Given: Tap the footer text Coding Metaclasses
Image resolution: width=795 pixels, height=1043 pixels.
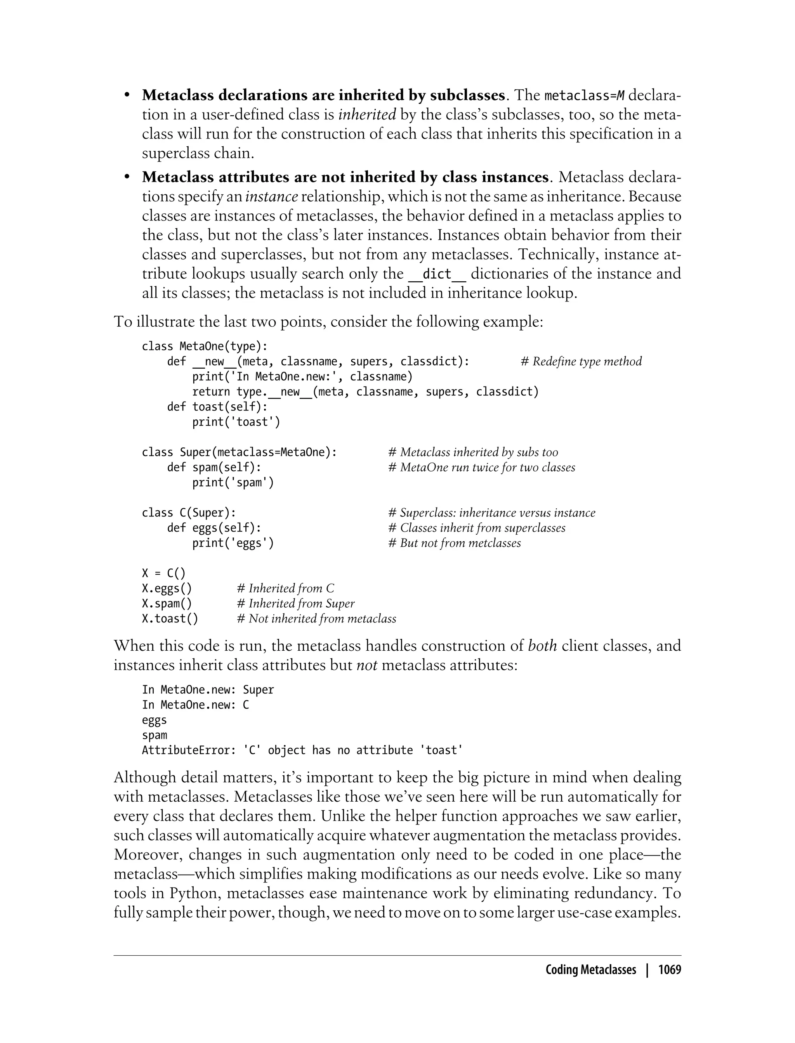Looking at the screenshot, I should pos(590,970).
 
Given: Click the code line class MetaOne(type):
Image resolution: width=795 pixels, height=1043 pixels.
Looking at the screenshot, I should pos(205,346).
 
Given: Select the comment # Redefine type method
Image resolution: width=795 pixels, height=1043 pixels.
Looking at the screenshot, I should pos(581,361).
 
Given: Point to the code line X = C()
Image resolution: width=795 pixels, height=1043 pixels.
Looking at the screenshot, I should pos(164,573).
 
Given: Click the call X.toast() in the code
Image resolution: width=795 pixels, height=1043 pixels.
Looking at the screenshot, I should pos(170,619).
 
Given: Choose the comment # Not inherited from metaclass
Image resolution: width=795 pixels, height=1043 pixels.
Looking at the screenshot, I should pos(316,619).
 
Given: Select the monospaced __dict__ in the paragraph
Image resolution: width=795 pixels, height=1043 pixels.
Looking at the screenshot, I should pos(437,274).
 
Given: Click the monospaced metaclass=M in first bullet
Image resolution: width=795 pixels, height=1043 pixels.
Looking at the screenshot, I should pos(585,96).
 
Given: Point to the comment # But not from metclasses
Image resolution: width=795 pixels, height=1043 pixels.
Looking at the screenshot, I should pos(454,543).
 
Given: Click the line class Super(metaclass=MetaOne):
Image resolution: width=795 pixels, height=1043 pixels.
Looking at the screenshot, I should pos(239,452).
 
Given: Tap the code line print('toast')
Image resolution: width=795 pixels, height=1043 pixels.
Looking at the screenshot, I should pos(236,422).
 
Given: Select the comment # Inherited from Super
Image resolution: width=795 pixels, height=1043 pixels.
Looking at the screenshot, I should pos(295,604).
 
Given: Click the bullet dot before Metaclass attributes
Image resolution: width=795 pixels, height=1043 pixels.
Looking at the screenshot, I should pos(127,177).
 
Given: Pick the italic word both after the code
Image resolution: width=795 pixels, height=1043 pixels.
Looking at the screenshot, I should pos(542,646).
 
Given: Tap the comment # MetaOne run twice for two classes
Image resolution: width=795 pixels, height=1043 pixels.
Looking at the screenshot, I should pos(481,467).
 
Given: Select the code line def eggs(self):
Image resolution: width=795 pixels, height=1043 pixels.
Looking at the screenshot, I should pos(214,528).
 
